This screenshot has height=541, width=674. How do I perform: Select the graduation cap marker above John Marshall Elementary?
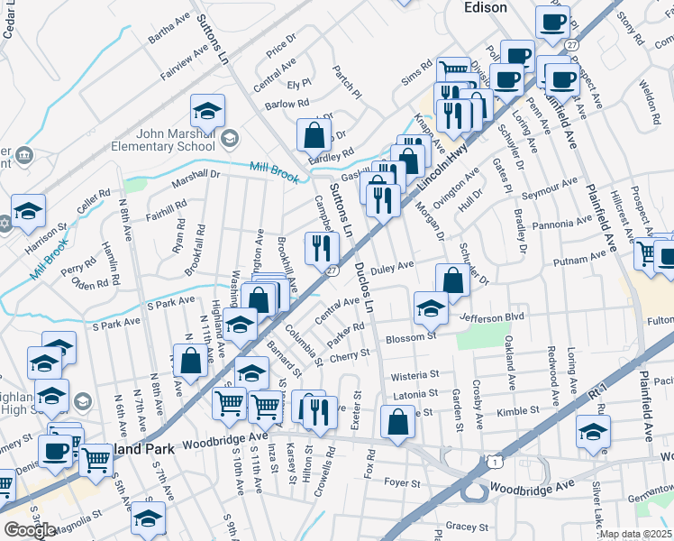(x=207, y=112)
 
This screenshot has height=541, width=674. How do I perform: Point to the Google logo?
(x=30, y=529)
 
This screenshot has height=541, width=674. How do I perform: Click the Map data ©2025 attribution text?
(x=636, y=534)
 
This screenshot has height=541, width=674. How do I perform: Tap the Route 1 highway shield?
(x=494, y=462)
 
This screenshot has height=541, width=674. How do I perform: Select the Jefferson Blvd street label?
(x=492, y=318)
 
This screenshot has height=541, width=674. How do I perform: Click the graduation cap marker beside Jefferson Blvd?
(x=431, y=309)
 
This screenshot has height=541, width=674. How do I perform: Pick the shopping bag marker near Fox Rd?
(x=397, y=422)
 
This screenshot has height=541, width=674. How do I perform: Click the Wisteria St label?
(x=414, y=374)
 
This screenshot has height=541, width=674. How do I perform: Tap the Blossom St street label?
(x=410, y=337)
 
